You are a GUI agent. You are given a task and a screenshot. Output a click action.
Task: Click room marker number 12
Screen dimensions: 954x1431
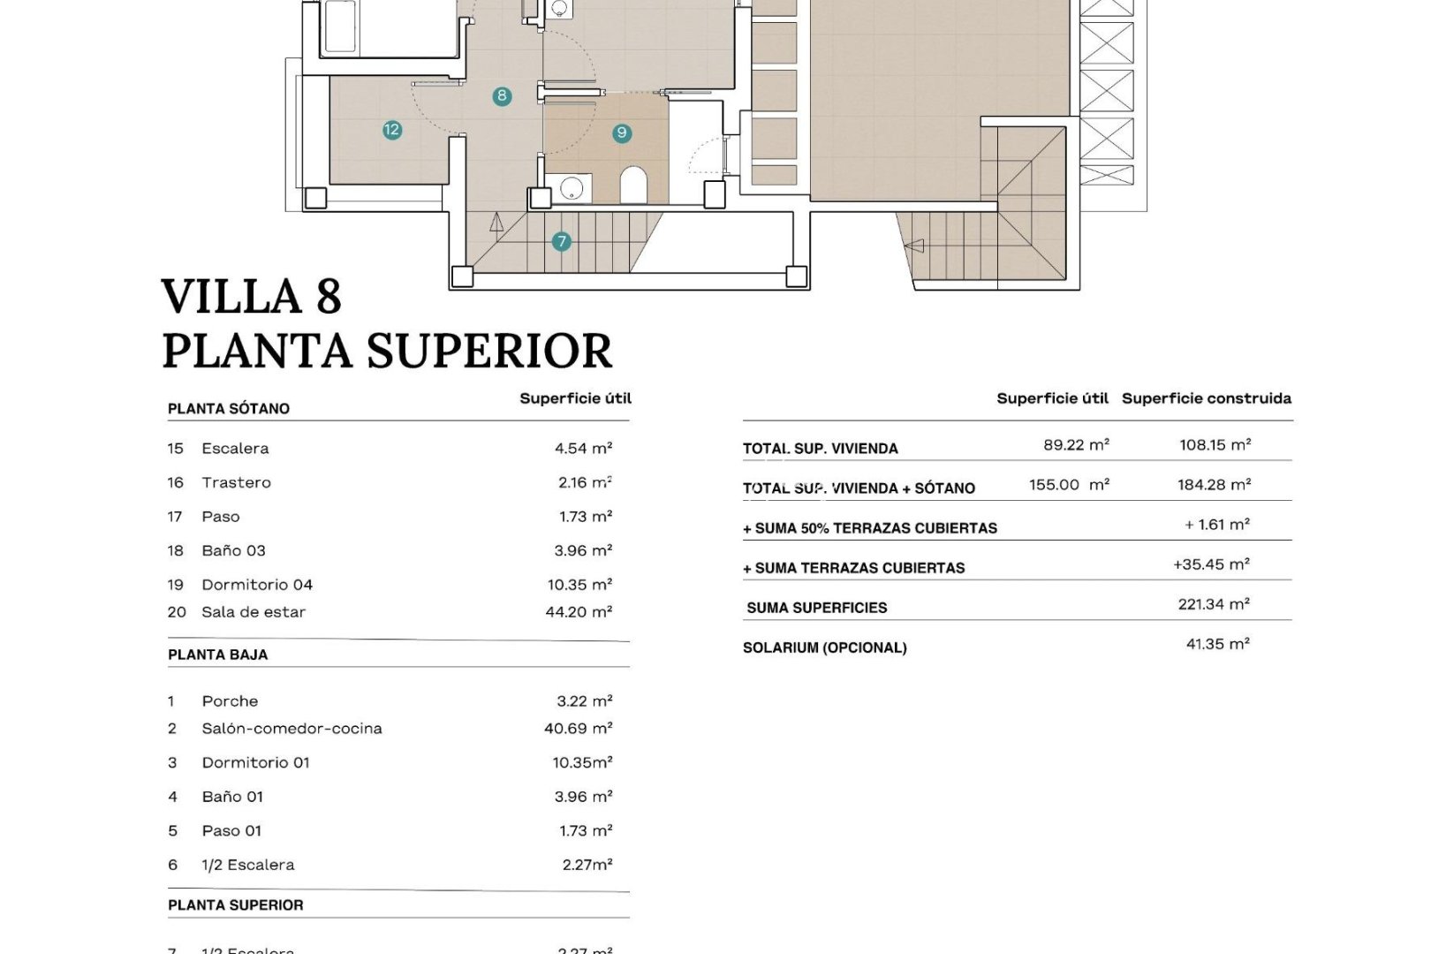(x=392, y=130)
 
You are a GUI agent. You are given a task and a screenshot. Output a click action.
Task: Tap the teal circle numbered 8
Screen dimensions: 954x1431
(x=502, y=96)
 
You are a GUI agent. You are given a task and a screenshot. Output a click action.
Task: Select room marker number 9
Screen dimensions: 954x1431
(x=622, y=133)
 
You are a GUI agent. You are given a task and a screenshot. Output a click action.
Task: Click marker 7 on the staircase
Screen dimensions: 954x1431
(x=561, y=241)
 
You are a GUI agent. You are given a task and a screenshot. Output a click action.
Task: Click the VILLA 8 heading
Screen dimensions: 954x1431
(x=252, y=296)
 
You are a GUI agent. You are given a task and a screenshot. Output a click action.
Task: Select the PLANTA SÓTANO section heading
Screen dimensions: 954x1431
(x=229, y=408)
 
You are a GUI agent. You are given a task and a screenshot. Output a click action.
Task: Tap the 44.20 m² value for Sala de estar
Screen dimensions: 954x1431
(x=579, y=611)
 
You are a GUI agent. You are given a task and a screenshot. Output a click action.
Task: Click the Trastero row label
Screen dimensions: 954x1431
(x=236, y=482)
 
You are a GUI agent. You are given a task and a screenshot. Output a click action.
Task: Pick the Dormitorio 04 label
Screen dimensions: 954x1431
(x=257, y=585)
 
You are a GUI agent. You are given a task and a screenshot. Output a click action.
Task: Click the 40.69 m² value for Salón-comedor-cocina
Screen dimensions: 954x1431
(x=578, y=729)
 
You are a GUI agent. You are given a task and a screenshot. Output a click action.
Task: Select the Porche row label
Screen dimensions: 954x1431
(x=230, y=701)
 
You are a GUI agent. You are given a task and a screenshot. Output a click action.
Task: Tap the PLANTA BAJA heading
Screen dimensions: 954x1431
(x=217, y=655)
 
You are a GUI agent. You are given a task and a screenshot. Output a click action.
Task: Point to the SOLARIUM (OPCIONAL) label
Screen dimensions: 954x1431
(x=824, y=647)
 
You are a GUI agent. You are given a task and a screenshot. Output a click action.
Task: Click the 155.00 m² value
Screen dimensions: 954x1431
(x=1069, y=485)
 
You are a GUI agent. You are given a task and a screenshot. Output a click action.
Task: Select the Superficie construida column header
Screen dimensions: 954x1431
(x=1206, y=398)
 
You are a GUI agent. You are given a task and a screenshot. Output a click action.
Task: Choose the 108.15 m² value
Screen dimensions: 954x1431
(x=1215, y=445)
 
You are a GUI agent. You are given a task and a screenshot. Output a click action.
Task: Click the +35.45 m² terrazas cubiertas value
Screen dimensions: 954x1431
(x=1211, y=564)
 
